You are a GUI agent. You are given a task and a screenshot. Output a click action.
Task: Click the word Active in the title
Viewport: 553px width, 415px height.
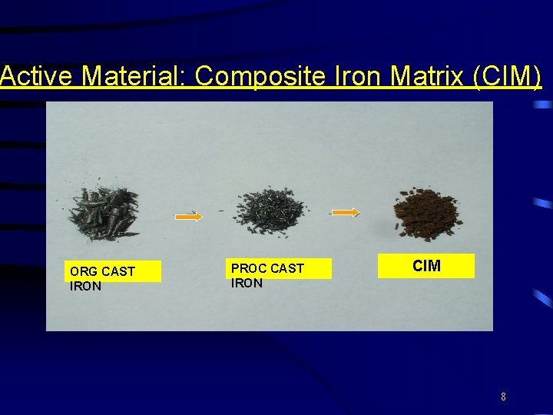click(38, 77)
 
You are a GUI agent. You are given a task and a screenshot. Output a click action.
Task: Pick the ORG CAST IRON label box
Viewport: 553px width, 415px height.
click(113, 272)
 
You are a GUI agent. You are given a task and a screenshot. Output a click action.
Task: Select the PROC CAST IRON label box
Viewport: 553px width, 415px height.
click(280, 268)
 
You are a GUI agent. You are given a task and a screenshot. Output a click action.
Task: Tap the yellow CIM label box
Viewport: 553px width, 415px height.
click(426, 266)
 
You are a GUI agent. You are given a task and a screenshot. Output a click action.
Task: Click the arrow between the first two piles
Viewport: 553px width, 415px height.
click(189, 217)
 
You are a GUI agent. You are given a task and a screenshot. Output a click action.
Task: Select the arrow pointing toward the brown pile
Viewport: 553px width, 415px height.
click(345, 213)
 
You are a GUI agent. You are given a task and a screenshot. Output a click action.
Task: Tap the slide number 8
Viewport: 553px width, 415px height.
click(503, 397)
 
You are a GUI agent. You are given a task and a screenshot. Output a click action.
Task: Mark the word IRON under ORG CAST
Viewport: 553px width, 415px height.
click(85, 286)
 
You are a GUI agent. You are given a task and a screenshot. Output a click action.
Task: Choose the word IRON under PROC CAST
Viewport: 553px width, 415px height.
click(247, 283)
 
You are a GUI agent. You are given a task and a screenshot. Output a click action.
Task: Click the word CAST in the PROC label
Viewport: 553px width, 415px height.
click(287, 268)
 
